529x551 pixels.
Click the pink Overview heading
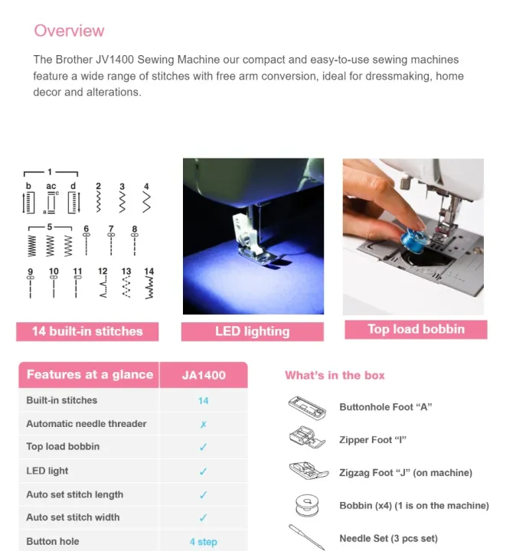pos(69,31)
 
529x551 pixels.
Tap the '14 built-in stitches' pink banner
pos(87,331)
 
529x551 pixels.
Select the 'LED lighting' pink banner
pos(252,331)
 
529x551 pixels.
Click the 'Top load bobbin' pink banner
pos(416,329)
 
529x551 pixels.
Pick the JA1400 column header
pos(204,375)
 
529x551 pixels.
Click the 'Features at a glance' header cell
pos(90,375)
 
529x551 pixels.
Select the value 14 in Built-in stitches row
pos(203,400)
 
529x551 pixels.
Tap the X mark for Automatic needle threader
pos(203,424)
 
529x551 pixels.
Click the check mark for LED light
pos(203,471)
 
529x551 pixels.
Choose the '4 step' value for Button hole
pos(203,542)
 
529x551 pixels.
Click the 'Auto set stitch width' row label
pos(73,517)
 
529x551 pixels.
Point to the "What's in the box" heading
pos(335,375)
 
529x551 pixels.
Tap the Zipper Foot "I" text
pos(372,440)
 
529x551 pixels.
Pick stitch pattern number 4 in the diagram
pos(146,199)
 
